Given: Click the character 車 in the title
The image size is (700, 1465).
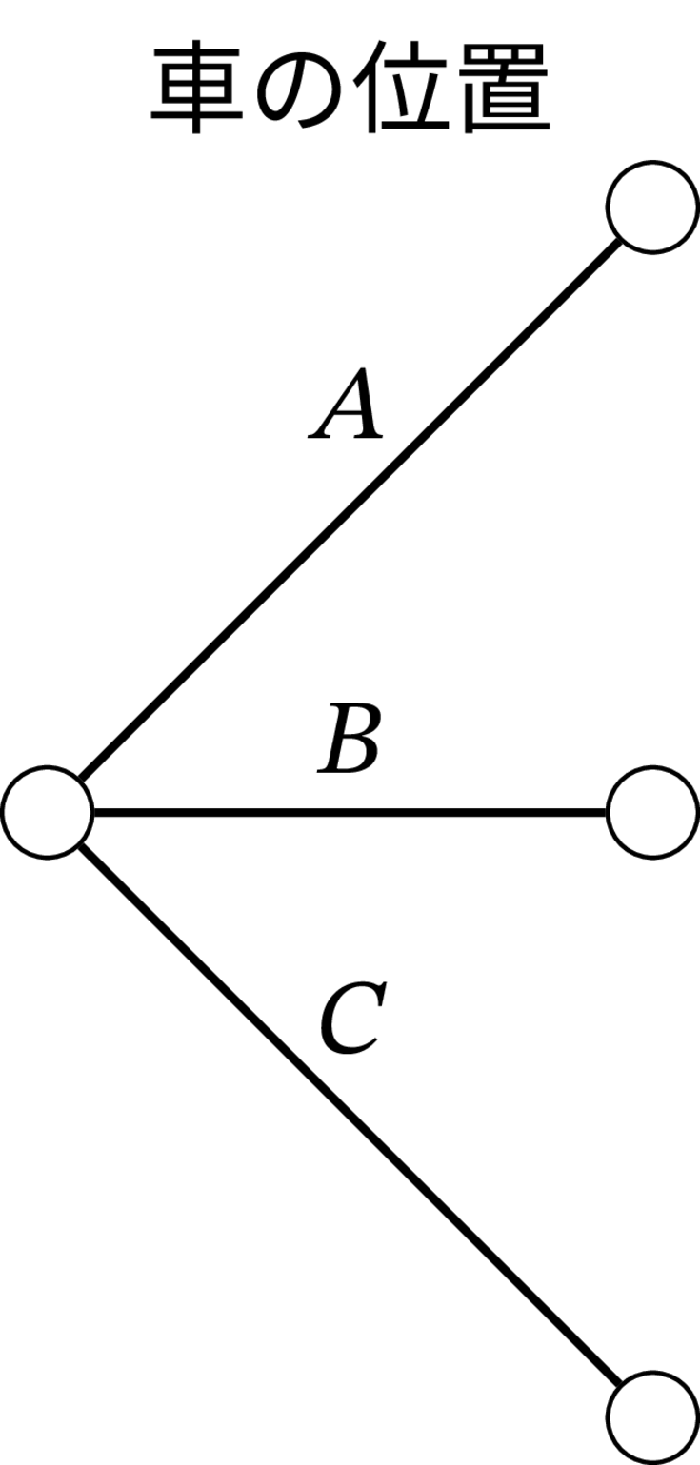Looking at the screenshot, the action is [x=197, y=88].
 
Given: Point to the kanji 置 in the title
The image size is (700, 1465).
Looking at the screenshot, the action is [x=504, y=88].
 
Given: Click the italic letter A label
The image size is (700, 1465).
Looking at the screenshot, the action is [x=346, y=404].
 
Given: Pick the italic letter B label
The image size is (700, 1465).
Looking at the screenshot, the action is [x=349, y=738].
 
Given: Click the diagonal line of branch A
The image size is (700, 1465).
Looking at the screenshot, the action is [x=350, y=508].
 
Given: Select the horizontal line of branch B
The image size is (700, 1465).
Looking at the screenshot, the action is [x=350, y=812].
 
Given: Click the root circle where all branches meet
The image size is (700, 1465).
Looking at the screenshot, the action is [x=47, y=812].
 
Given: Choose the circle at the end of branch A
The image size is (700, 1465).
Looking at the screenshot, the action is [x=653, y=206].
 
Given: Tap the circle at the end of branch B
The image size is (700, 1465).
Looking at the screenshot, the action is [x=653, y=812].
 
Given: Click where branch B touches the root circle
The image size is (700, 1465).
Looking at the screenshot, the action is [x=93, y=812].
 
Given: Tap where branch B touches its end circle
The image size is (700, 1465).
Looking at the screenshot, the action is [x=607, y=812].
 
